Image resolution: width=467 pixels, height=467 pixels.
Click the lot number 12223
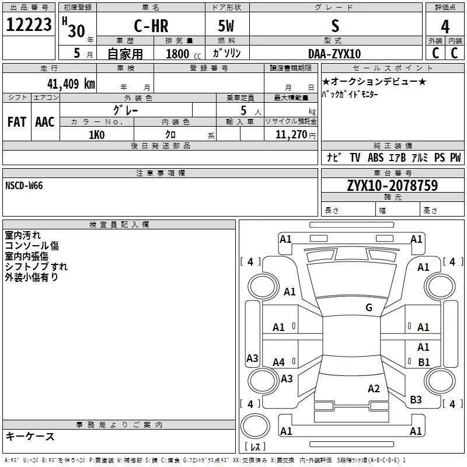pyautogui.click(x=29, y=26)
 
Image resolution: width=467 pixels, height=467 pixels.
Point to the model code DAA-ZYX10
pyautogui.click(x=334, y=54)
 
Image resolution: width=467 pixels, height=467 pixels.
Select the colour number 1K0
pyautogui.click(x=96, y=135)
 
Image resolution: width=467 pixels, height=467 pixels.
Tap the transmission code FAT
pyautogui.click(x=16, y=122)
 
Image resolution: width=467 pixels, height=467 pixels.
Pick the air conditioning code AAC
pyautogui.click(x=44, y=122)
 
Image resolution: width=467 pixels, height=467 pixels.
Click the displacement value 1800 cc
pyautogui.click(x=182, y=54)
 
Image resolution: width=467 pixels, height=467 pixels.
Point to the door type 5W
pyautogui.click(x=227, y=26)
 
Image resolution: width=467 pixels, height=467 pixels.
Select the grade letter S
pyautogui.click(x=334, y=26)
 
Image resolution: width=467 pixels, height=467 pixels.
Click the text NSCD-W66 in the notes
pyautogui.click(x=24, y=186)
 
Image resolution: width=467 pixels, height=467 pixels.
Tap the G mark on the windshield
pyautogui.click(x=369, y=308)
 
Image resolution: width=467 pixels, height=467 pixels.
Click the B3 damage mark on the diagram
pyautogui.click(x=416, y=400)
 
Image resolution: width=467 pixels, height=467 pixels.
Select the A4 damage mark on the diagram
pyautogui.click(x=279, y=363)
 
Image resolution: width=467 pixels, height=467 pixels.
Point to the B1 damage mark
pyautogui.click(x=424, y=363)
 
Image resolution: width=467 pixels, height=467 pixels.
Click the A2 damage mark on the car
pyautogui.click(x=374, y=389)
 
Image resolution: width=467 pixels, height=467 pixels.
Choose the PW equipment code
pyautogui.click(x=455, y=158)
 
